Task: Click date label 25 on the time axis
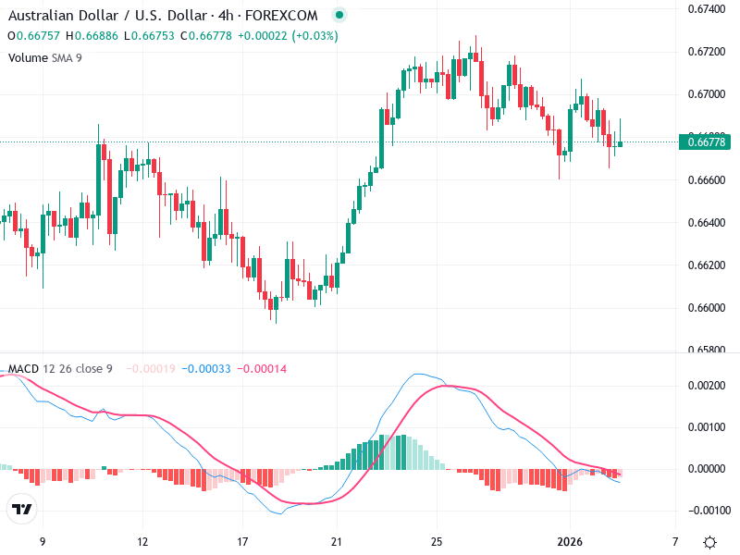(438, 541)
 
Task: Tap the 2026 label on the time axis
(570, 541)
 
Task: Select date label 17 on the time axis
(243, 541)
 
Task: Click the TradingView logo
(22, 510)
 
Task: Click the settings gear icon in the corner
(709, 542)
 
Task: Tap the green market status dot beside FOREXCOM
(339, 16)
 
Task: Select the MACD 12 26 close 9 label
(60, 368)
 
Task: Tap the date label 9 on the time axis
(42, 541)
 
